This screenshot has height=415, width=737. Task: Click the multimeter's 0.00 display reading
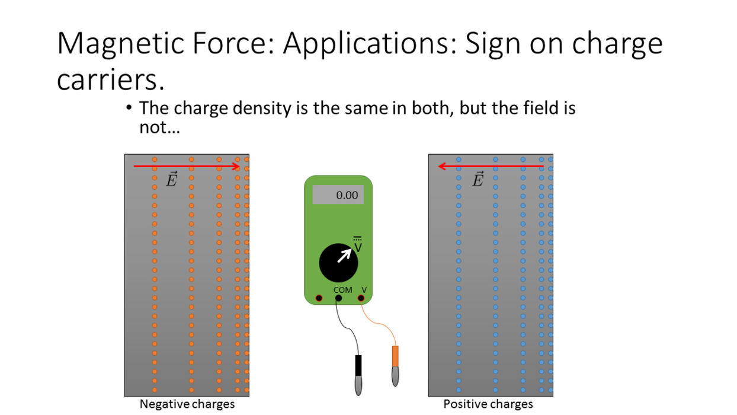[347, 195]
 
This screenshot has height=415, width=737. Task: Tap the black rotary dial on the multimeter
[338, 263]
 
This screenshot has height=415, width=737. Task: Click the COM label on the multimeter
[342, 290]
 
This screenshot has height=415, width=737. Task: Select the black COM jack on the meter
[338, 298]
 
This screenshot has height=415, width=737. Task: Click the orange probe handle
[395, 356]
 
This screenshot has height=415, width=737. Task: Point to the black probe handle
[358, 365]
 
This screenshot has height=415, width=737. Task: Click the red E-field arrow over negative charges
[187, 167]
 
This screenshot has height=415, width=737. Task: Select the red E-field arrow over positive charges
[491, 167]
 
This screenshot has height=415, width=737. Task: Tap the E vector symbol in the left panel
[171, 179]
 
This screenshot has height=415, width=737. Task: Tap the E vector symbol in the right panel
[478, 179]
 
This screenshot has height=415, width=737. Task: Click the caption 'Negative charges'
[187, 404]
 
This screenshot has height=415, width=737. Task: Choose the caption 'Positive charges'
[488, 404]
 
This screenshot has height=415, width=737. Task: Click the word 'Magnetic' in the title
[120, 43]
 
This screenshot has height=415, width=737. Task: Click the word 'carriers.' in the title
[111, 79]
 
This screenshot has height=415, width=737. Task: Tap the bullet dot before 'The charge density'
[129, 107]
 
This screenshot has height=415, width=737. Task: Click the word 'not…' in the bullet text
[159, 127]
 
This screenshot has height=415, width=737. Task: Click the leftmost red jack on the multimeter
[319, 298]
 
